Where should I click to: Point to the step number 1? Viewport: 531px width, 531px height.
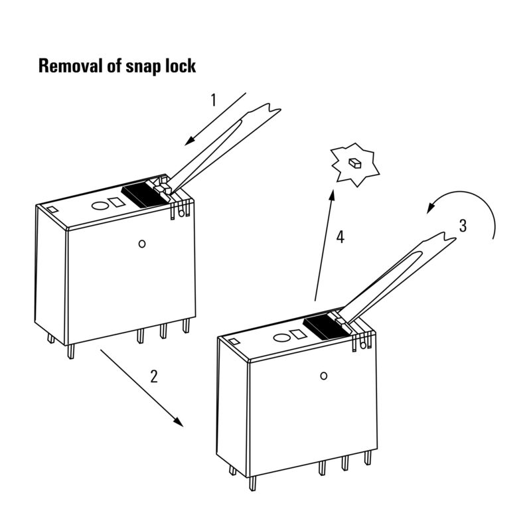(214, 100)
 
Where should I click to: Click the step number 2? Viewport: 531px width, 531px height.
(154, 377)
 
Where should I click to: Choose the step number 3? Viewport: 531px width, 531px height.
(463, 226)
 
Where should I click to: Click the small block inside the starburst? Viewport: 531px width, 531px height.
(355, 163)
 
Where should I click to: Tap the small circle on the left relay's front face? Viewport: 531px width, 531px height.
(141, 244)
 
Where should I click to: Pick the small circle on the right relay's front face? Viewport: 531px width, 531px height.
(324, 376)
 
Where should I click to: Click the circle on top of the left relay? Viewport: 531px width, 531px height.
(98, 206)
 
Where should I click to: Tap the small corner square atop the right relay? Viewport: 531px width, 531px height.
(234, 342)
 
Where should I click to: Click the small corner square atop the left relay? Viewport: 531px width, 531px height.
(51, 209)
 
